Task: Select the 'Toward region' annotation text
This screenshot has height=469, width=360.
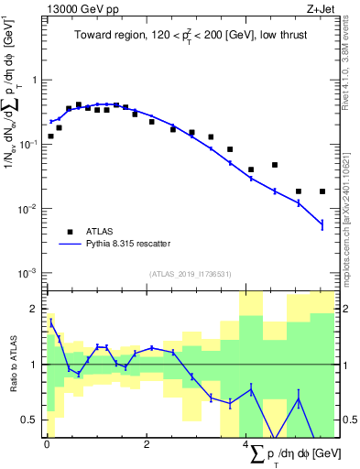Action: (x=190, y=37)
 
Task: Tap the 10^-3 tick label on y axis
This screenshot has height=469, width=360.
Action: (x=27, y=273)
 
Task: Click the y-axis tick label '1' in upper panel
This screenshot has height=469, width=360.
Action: (x=34, y=81)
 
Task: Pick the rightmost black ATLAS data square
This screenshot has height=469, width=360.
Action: (x=322, y=191)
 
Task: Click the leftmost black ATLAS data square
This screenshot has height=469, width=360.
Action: (x=51, y=136)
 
